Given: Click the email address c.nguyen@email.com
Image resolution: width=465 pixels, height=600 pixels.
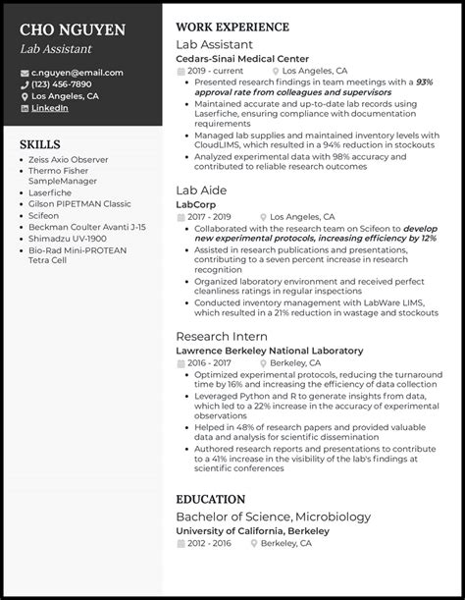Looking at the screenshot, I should coord(77,73).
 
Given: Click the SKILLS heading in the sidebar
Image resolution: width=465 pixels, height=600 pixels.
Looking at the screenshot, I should coord(40,143).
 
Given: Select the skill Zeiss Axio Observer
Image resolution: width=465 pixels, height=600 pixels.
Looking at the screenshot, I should coord(69,159).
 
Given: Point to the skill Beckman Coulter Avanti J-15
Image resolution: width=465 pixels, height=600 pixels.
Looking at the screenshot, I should coord(87,226).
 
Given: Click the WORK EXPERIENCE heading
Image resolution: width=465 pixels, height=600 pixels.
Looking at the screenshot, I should coord(232,27).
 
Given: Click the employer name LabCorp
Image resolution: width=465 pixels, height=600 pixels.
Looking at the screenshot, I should coord(195,203).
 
